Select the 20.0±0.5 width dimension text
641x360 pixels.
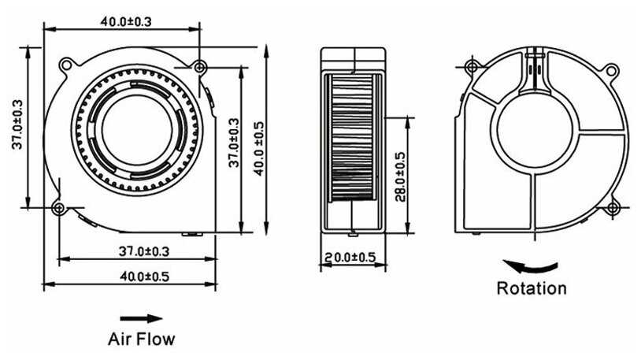[350, 258]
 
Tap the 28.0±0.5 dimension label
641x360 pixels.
[400, 176]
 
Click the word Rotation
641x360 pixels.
[531, 288]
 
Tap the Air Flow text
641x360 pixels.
[141, 340]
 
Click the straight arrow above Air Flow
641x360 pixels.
[141, 318]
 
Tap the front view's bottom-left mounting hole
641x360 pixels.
[59, 208]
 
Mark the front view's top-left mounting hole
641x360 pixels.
[68, 59]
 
